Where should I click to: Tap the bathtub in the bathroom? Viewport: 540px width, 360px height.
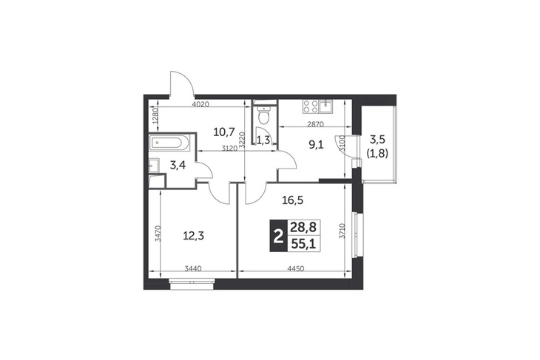point(169,143)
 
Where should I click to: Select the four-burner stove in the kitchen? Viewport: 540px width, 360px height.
point(310,106)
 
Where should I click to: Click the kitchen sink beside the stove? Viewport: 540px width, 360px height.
point(325,106)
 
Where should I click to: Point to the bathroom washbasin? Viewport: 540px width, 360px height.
point(154,166)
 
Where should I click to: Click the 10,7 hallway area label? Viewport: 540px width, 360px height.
point(224,132)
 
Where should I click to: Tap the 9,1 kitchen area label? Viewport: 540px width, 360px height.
point(316,145)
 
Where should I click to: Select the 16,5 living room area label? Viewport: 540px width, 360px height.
point(293,200)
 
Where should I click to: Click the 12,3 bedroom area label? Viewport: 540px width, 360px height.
point(193,236)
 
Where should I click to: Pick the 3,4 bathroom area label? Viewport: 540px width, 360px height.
point(178,165)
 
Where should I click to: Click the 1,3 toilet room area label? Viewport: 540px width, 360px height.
point(263,140)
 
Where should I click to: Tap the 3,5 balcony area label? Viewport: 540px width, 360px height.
point(378,140)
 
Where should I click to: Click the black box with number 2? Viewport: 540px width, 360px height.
point(277,236)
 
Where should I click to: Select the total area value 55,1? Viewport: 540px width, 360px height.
point(303,244)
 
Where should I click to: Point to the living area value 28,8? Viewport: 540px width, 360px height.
point(303,227)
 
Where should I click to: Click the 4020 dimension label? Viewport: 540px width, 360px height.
point(200,104)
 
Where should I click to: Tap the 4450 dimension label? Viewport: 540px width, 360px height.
point(295,269)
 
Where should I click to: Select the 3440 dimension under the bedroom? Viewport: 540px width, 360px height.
point(193,269)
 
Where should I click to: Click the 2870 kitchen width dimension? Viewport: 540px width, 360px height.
point(315,125)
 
